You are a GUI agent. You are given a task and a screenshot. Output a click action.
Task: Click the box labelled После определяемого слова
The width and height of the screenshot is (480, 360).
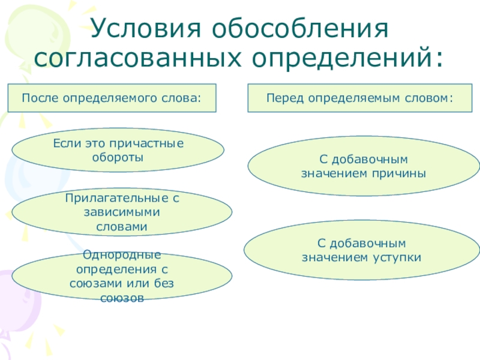(x=112, y=97)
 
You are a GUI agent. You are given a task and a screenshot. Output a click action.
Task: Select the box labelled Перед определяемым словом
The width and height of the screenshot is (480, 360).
(x=360, y=97)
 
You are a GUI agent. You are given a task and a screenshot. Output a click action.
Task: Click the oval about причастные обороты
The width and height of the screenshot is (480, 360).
(x=118, y=150)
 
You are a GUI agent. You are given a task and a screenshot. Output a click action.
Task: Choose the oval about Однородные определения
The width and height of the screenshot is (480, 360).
(x=122, y=277)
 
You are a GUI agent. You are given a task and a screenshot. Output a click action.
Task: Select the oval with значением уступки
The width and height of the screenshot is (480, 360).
(x=361, y=251)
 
